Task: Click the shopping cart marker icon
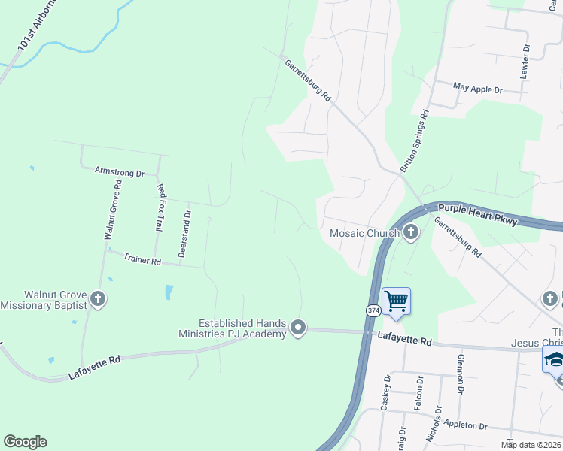point(396,301)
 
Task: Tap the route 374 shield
point(373,310)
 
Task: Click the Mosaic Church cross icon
point(411,232)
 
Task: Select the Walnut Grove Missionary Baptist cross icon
point(97,299)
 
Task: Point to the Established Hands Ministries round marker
point(299,328)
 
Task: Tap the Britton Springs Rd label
point(414,141)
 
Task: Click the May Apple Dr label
point(477,89)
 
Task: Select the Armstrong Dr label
point(119,172)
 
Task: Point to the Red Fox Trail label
point(159,207)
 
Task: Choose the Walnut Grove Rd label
point(113,210)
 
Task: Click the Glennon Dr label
point(460,374)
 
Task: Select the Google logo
point(25,442)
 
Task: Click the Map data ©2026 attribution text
point(531,445)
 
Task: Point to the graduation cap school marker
point(554,360)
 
